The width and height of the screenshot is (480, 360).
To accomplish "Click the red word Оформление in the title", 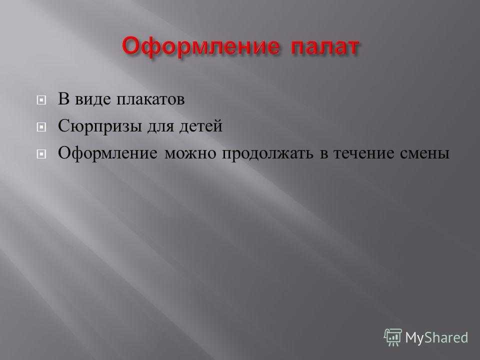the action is pyautogui.click(x=201, y=47).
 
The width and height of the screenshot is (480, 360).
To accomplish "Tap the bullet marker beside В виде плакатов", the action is pyautogui.click(x=41, y=100).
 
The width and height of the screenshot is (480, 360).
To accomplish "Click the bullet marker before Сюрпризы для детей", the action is pyautogui.click(x=41, y=126).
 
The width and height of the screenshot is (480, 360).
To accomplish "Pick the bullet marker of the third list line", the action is pyautogui.click(x=41, y=153).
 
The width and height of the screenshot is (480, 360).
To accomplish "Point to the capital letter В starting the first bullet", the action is pyautogui.click(x=63, y=98).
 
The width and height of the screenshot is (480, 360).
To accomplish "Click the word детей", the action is pyautogui.click(x=201, y=126).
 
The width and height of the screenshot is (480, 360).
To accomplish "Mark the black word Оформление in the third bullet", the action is pyautogui.click(x=108, y=153).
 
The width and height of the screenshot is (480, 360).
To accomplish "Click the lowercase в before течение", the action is pyautogui.click(x=323, y=155).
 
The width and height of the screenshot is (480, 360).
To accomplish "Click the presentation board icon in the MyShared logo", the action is pyautogui.click(x=393, y=337).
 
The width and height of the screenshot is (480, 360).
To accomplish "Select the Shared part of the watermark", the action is pyautogui.click(x=446, y=337).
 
